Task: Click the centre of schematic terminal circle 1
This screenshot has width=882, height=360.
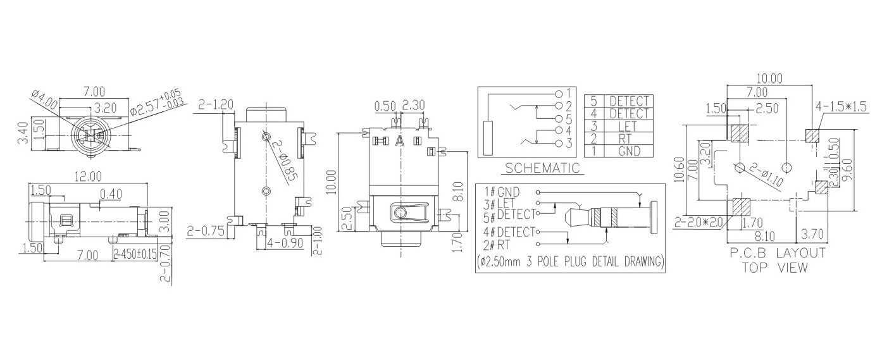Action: coord(559,94)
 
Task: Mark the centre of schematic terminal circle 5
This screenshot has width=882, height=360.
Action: coord(559,118)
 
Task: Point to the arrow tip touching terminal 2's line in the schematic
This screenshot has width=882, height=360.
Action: coord(537,106)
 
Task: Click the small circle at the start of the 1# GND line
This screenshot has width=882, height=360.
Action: coord(538,192)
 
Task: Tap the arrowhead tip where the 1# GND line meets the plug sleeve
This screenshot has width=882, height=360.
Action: coord(640,208)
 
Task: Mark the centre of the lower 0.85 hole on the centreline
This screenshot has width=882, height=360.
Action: coord(266,192)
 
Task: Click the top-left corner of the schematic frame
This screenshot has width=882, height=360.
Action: coord(478,87)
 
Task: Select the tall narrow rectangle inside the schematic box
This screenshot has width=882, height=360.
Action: coord(488,137)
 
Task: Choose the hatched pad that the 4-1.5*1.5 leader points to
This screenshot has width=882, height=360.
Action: coord(812,135)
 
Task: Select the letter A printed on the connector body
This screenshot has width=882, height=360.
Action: coord(400,140)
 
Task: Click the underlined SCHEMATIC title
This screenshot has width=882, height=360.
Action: coord(543,168)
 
